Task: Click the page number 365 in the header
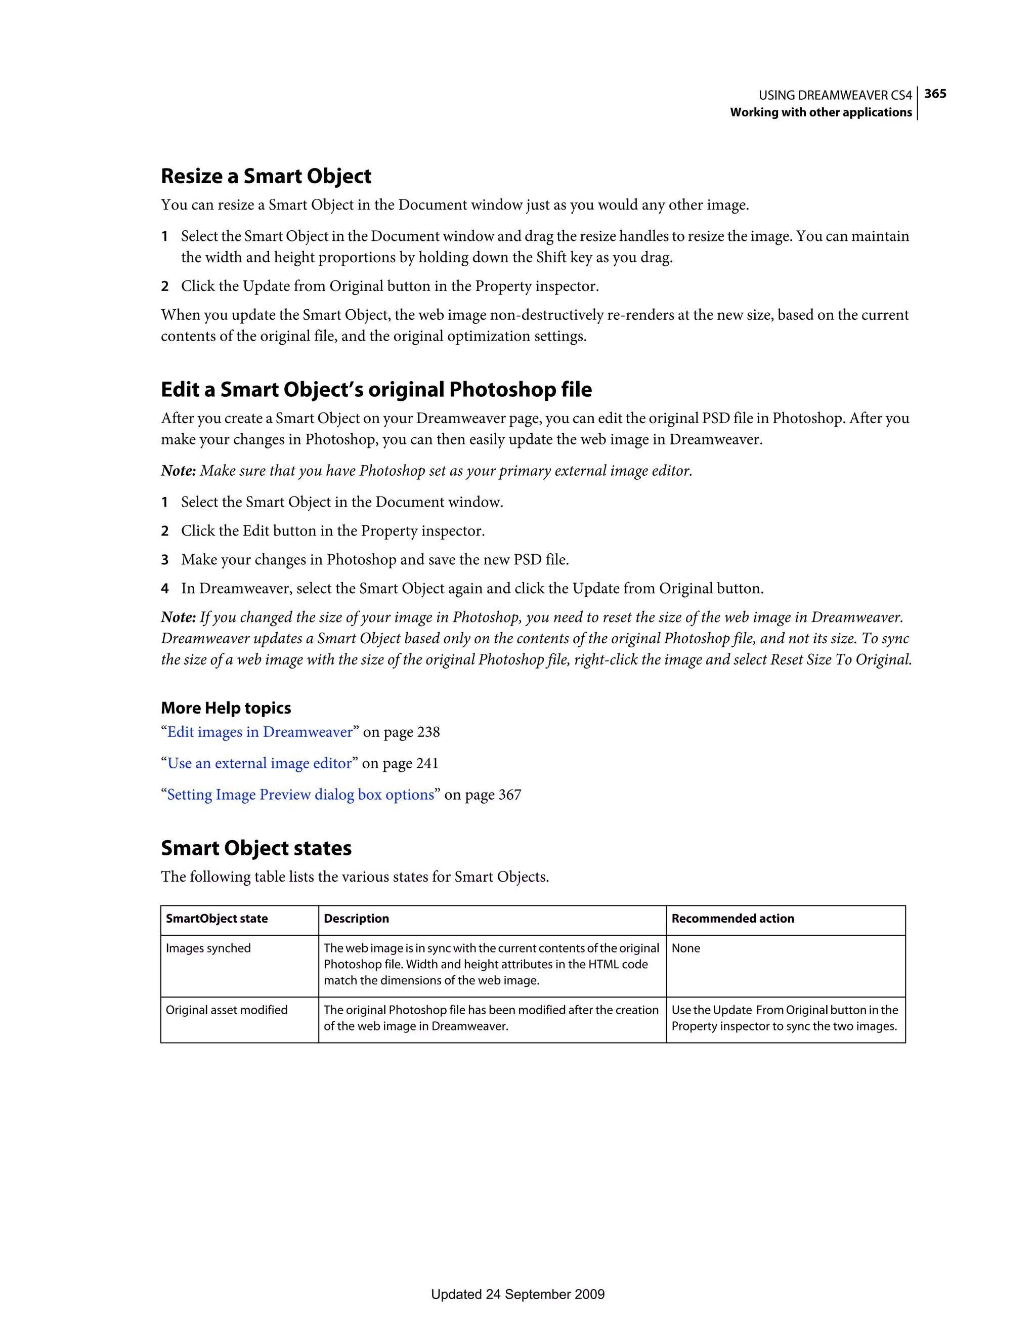[x=935, y=94]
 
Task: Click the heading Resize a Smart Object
[x=266, y=176]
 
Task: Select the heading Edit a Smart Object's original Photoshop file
[x=376, y=389]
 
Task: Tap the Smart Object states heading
[x=255, y=848]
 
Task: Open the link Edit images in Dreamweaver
[x=260, y=732]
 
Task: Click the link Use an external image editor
[x=259, y=763]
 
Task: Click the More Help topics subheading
[x=226, y=708]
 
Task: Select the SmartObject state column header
[x=217, y=919]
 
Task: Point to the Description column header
[x=356, y=919]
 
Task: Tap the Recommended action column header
[x=732, y=919]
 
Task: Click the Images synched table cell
[x=208, y=948]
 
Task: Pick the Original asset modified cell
[x=227, y=1010]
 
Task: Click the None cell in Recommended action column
[x=686, y=948]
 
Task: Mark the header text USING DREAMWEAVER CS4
[x=835, y=95]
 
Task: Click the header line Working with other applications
[x=821, y=112]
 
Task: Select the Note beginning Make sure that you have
[x=426, y=471]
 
